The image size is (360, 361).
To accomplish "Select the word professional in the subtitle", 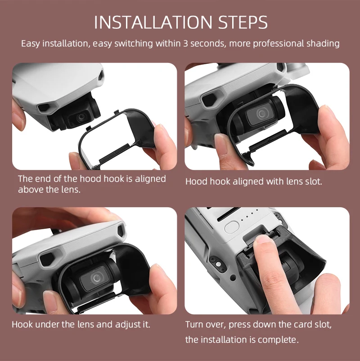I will point(266,44).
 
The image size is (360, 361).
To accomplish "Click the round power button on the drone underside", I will point(231,227).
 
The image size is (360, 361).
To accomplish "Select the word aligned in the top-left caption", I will point(151,178).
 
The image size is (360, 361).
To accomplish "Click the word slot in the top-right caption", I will point(313,182).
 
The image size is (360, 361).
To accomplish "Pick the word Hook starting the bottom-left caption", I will point(21,324).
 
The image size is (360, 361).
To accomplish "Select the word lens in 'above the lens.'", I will point(71,189).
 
